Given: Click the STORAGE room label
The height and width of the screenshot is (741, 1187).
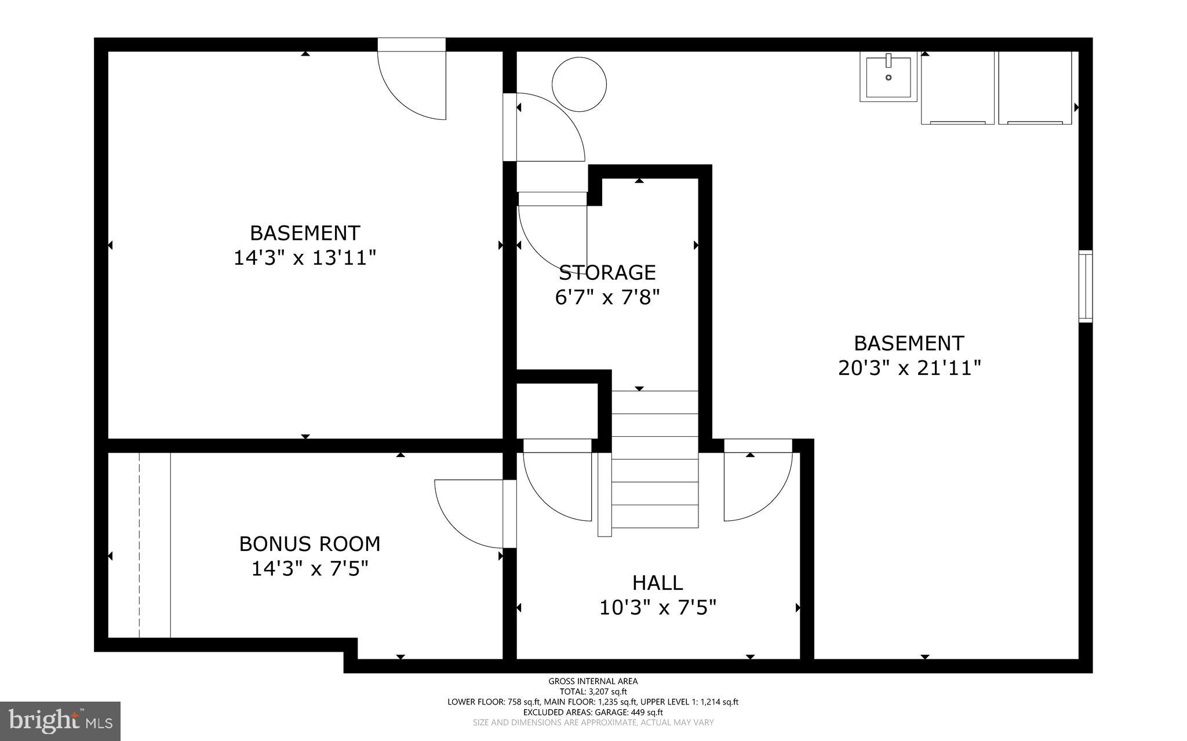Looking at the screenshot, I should pos(607,272).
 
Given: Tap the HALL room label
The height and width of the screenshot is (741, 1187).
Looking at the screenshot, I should pos(657,582).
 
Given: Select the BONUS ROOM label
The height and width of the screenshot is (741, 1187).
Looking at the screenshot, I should pos(310,544).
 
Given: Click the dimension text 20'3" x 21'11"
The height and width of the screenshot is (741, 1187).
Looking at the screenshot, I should pos(909,368).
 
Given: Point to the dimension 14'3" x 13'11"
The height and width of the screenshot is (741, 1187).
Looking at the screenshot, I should pos(305,258).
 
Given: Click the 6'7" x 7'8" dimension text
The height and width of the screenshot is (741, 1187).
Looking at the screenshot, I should pos(607,298).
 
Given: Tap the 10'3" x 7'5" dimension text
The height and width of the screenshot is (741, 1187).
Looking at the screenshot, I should pos(657,608).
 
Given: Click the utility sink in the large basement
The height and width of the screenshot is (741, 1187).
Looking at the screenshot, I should pos(888,76).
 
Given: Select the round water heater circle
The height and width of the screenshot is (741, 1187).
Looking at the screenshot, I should pos(579,84).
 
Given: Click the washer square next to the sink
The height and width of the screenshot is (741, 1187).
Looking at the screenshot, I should pos(957,88).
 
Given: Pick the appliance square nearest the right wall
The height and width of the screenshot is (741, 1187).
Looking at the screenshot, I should pos(1035,88).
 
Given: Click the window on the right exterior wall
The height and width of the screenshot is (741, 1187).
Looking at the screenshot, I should pos(1086,286).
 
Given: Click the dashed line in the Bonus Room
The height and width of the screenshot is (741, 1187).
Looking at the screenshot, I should pos(140,545).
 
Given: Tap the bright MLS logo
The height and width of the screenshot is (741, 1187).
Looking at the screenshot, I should pos(60,721).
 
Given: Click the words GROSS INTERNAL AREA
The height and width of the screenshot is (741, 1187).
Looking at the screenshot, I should pos(593,681).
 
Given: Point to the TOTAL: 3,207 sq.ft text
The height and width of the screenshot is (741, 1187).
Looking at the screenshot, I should pos(593,691).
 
